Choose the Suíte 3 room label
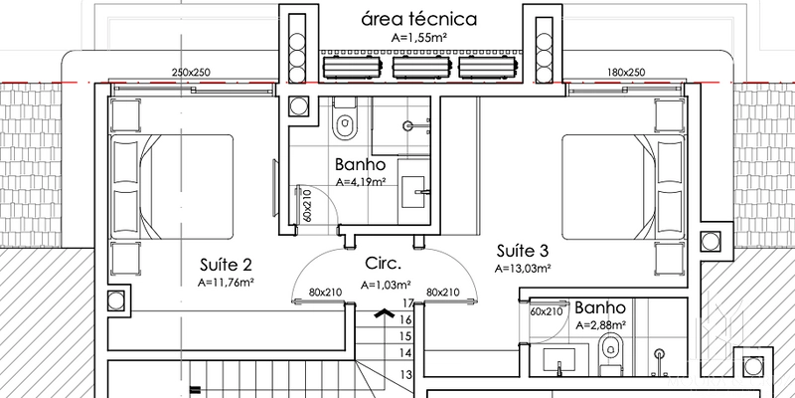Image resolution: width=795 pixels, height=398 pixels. point(523,251)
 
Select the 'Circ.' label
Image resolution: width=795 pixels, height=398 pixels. point(384,266)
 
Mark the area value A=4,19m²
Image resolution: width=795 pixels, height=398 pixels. point(368,182)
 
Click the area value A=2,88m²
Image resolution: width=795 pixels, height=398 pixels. point(599,324)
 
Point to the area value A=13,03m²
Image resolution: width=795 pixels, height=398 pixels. point(523,268)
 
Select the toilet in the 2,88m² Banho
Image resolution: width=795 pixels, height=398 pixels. point(612,347)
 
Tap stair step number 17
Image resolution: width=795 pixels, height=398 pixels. point(406,303)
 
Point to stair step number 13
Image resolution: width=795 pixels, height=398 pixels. point(406,374)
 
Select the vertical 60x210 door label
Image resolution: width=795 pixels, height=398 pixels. point(308,205)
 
